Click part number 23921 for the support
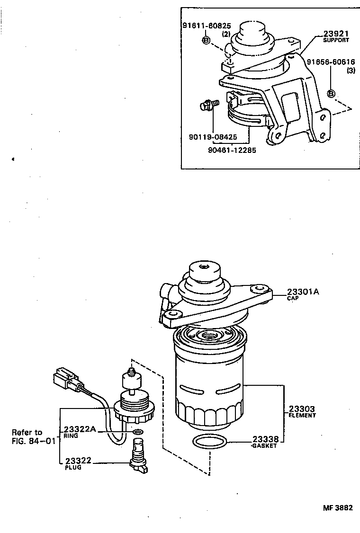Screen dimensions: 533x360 336,34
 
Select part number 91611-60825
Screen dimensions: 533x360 207,26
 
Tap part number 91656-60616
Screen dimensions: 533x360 331,62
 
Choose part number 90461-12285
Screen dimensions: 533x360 230,150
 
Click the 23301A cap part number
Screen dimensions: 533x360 302,292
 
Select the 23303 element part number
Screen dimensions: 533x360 302,408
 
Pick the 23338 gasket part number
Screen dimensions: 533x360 265,439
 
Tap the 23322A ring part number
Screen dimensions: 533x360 80,429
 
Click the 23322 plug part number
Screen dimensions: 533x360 78,460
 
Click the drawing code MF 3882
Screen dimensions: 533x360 338,507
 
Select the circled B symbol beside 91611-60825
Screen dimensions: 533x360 206,40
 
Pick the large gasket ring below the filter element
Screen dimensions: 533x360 209,442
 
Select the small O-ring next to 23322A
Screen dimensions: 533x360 138,432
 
